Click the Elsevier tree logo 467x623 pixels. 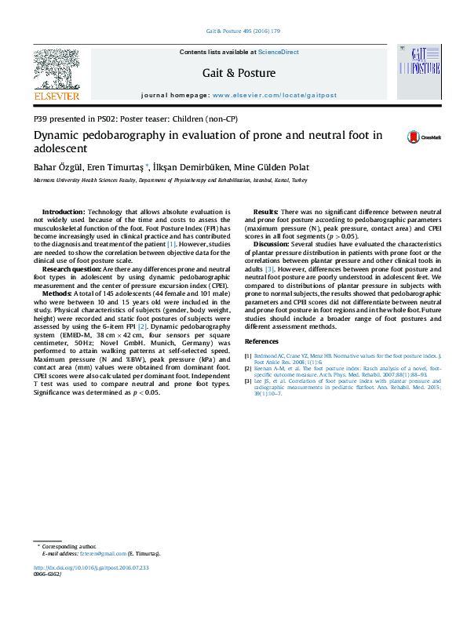[x=56, y=67]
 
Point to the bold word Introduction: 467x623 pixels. [x=64, y=212]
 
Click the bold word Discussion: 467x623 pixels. [x=272, y=245]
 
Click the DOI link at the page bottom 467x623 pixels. [x=91, y=567]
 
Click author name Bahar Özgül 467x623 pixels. [x=57, y=167]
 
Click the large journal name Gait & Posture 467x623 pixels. [x=239, y=73]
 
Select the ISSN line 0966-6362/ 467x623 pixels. [x=49, y=575]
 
